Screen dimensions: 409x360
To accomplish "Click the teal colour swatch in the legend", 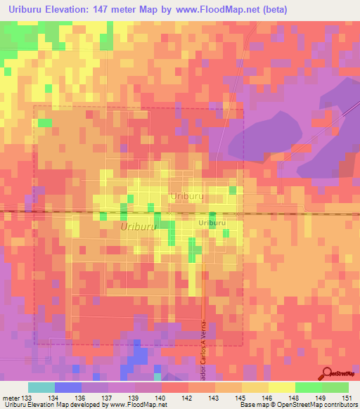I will [x=41, y=387].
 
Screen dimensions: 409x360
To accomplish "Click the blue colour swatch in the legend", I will [x=68, y=387].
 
